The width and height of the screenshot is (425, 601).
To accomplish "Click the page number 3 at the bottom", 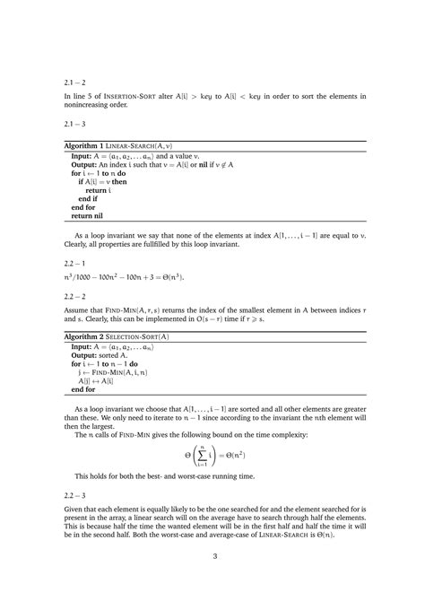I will tap(212, 555).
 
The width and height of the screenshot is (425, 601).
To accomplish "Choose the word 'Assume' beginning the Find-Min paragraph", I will tap(78, 309).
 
